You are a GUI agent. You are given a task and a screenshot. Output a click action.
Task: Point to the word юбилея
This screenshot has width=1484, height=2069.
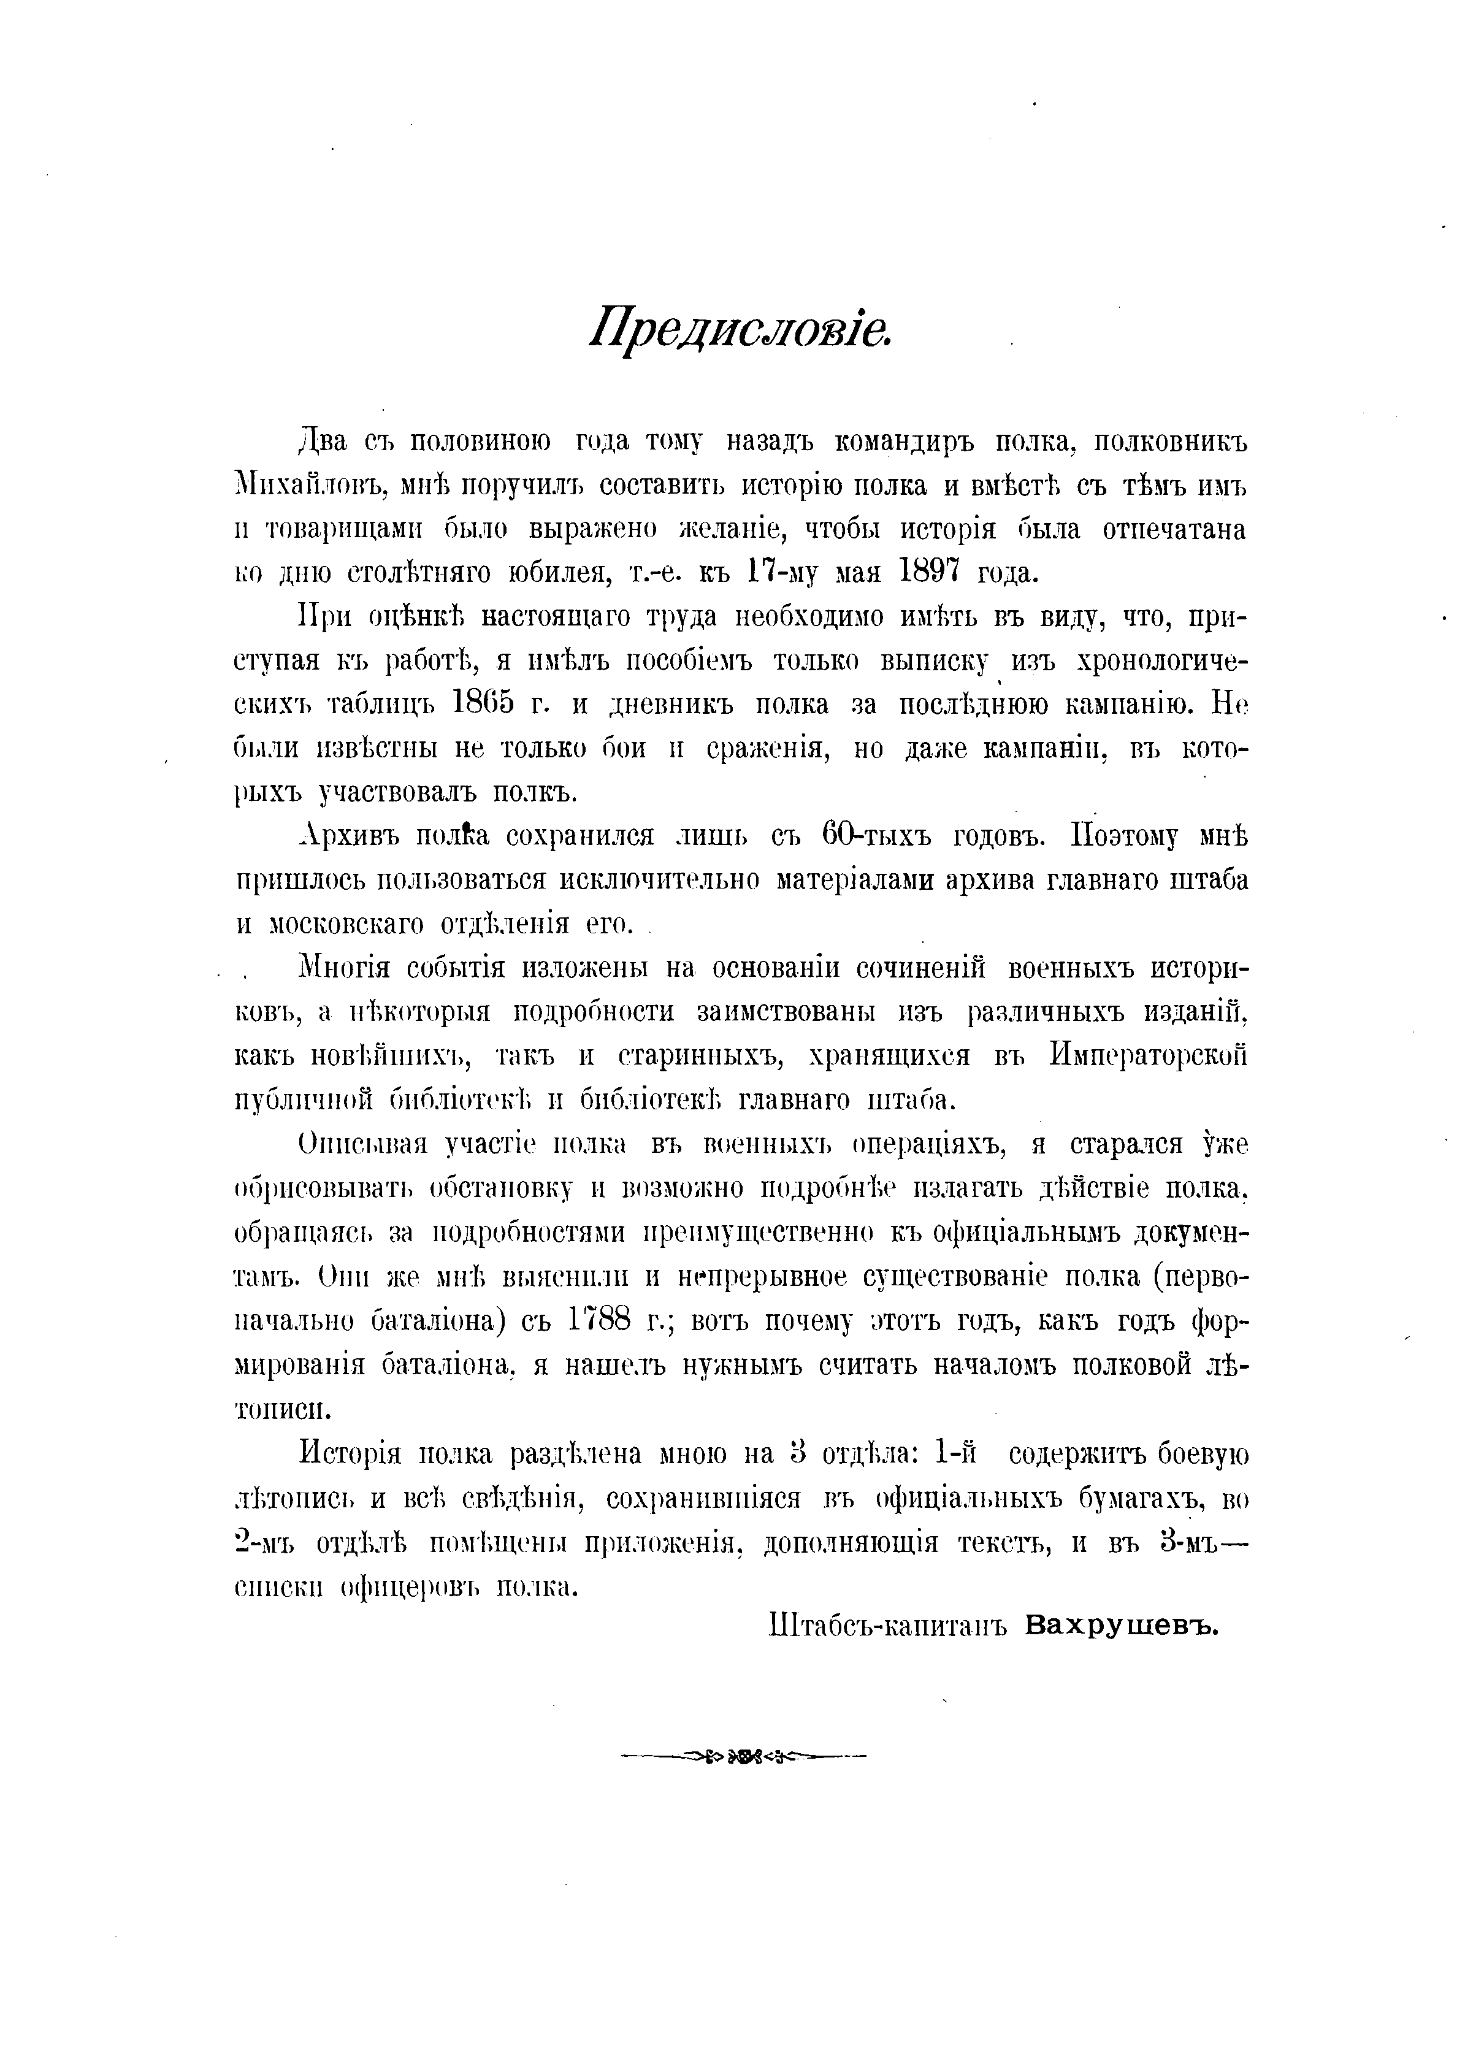click(553, 573)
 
